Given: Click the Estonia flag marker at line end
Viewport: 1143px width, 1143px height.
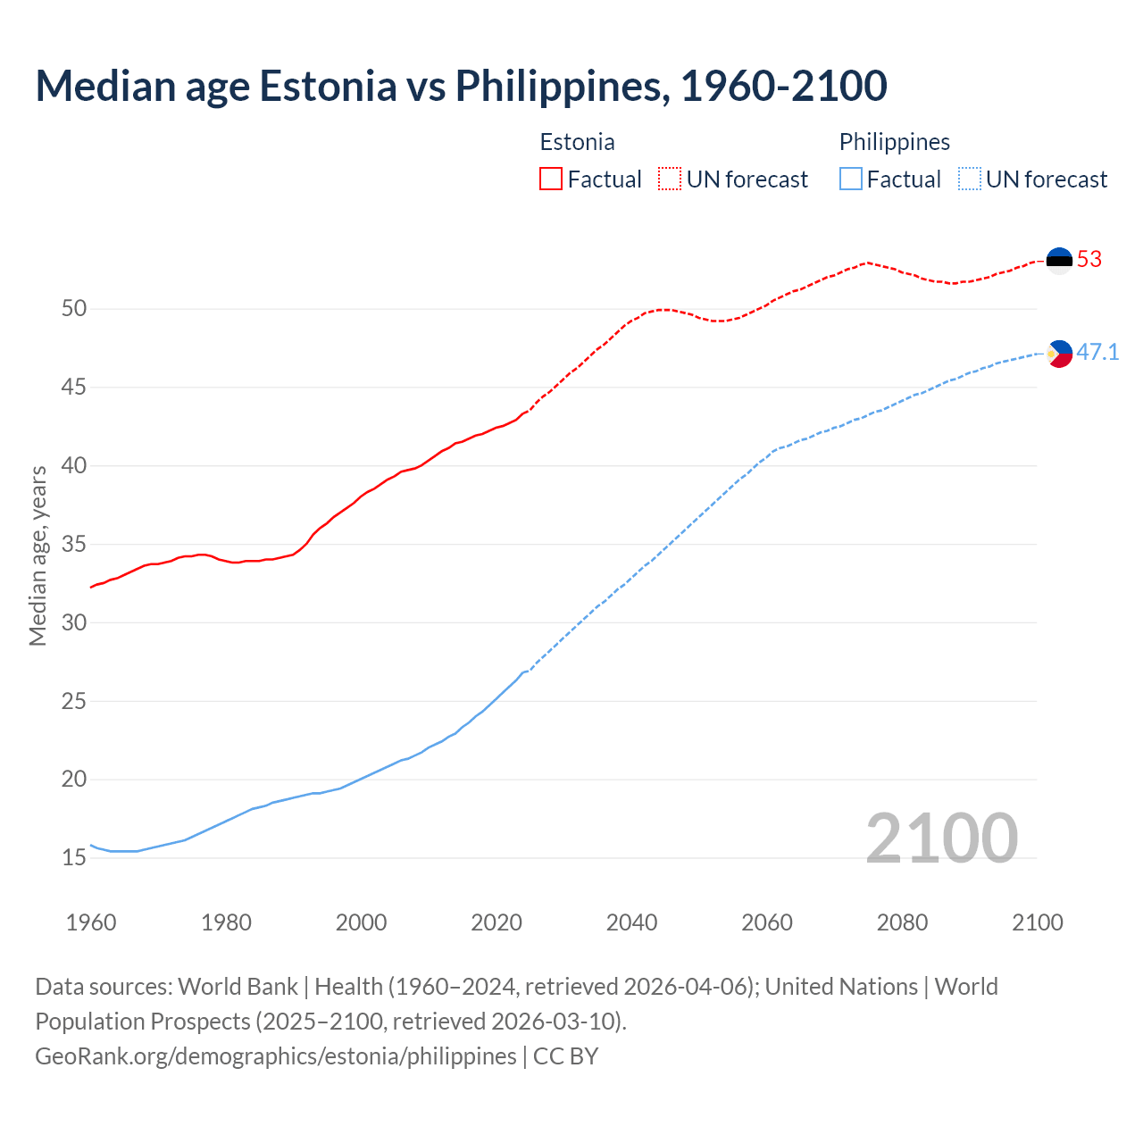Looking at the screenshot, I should click(1059, 260).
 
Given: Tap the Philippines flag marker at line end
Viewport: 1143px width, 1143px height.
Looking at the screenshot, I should click(1059, 354).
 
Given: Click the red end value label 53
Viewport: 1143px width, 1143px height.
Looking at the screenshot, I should click(1089, 260).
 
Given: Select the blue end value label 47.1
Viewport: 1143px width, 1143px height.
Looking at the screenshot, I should click(1097, 353).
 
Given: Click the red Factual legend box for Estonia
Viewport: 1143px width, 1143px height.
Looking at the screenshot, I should click(551, 179).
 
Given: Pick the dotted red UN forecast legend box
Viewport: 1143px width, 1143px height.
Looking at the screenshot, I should click(670, 179).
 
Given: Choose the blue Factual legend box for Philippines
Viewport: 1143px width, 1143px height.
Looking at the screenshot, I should click(851, 179).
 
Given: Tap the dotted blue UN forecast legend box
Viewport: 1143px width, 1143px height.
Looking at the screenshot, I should click(969, 179).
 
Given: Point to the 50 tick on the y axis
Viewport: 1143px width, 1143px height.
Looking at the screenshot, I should click(74, 309).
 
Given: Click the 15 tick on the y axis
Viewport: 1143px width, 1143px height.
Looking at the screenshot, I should click(74, 858).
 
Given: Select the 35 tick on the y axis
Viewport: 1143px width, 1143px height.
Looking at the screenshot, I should click(74, 545).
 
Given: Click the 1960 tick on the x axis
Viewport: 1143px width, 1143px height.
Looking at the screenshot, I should click(91, 922).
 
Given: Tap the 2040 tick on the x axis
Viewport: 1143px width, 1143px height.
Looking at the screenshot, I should click(631, 922).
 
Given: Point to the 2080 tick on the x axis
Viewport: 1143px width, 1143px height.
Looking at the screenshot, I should click(902, 922).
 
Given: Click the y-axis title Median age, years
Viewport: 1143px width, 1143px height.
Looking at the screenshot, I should click(38, 555).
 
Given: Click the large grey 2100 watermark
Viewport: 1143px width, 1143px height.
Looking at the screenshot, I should click(941, 838).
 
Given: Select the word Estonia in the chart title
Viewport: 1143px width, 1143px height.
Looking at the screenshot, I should click(328, 87).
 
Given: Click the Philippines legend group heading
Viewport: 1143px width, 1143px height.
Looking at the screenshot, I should click(894, 142).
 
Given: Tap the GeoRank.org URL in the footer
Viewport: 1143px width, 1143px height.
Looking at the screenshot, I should click(275, 1056).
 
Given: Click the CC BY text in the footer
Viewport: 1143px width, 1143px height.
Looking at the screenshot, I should click(565, 1056).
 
